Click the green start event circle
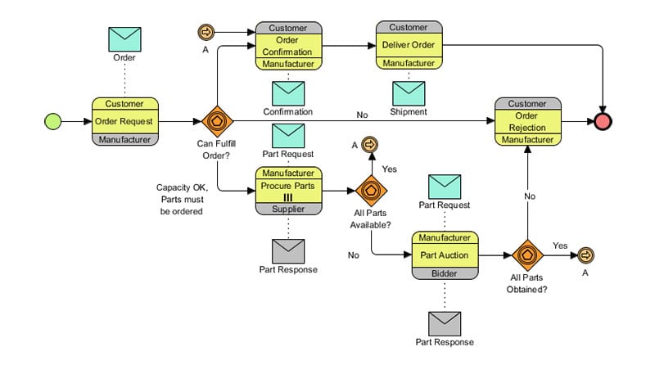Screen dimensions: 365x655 click(52, 121)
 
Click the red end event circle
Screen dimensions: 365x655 click(604, 121)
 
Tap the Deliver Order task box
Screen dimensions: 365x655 click(409, 45)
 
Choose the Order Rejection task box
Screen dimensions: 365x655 click(528, 121)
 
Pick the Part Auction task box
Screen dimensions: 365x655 click(445, 255)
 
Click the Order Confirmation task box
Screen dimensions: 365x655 click(287, 46)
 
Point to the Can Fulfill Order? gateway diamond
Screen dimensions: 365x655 click(217, 121)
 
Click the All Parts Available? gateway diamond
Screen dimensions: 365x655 click(370, 191)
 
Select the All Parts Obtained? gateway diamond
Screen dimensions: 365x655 click(528, 255)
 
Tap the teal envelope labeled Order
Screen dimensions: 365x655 click(124, 38)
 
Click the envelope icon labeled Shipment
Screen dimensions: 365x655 click(409, 93)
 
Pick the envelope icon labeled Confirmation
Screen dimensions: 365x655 click(287, 93)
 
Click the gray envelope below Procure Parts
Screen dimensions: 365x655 click(287, 250)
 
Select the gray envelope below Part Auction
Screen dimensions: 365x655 click(445, 323)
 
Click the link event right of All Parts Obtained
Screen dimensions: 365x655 click(585, 255)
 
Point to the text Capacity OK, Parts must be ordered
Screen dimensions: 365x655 click(183, 199)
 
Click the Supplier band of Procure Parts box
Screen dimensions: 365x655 click(287, 209)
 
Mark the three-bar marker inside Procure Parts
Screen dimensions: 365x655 click(287, 196)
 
